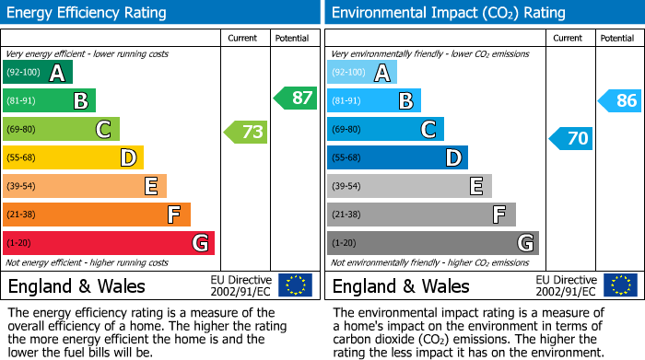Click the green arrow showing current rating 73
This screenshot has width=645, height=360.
click(246, 132)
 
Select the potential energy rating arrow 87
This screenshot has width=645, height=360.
click(295, 98)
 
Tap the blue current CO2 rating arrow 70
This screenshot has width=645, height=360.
click(570, 139)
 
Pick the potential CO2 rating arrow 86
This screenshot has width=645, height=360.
click(620, 101)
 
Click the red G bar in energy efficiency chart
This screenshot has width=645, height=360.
click(109, 243)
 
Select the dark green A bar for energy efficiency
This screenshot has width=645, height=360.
click(38, 73)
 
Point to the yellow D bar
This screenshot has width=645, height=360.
click(74, 157)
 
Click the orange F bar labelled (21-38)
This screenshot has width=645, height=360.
click(97, 215)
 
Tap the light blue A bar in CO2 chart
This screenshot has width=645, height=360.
click(362, 73)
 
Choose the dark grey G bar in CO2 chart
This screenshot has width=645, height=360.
click(432, 243)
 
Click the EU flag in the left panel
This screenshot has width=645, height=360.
click(296, 285)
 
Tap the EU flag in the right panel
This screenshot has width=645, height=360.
click(620, 285)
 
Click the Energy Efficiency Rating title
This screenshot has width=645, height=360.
click(88, 13)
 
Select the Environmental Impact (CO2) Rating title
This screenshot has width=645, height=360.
click(448, 13)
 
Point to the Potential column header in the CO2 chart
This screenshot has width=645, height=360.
click(617, 38)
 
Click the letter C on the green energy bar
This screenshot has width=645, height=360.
click(103, 130)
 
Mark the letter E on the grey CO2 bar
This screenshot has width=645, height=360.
click(475, 186)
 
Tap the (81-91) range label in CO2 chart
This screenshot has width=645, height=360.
click(347, 101)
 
